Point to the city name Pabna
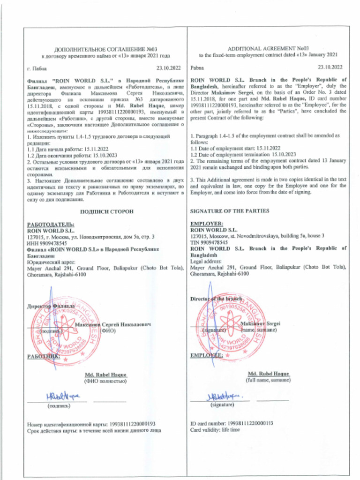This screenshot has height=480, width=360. pos(196,68)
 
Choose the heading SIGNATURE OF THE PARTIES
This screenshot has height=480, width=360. pos(230,211)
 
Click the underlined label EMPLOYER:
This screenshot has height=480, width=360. pos(207,225)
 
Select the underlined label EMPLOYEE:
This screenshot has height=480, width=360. pos(206,356)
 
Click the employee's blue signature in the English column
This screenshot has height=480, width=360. pos(222,396)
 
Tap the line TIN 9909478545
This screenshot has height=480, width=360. pos(209,243)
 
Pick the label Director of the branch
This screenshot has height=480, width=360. pos(216,299)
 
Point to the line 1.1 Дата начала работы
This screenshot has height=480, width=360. pos(65,148)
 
